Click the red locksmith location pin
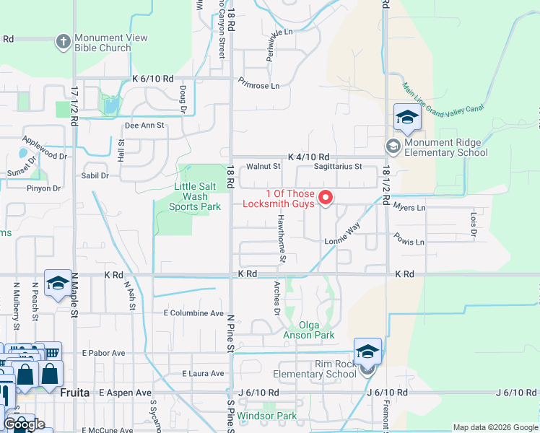click(326, 197)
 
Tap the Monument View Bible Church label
click(111, 43)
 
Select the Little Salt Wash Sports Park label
click(195, 196)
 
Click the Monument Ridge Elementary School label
click(446, 147)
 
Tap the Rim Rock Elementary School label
click(315, 369)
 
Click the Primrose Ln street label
click(258, 85)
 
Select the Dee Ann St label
click(145, 125)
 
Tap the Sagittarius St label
click(337, 167)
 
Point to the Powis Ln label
click(409, 239)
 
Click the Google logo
click(24, 424)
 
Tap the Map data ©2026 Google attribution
click(494, 427)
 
